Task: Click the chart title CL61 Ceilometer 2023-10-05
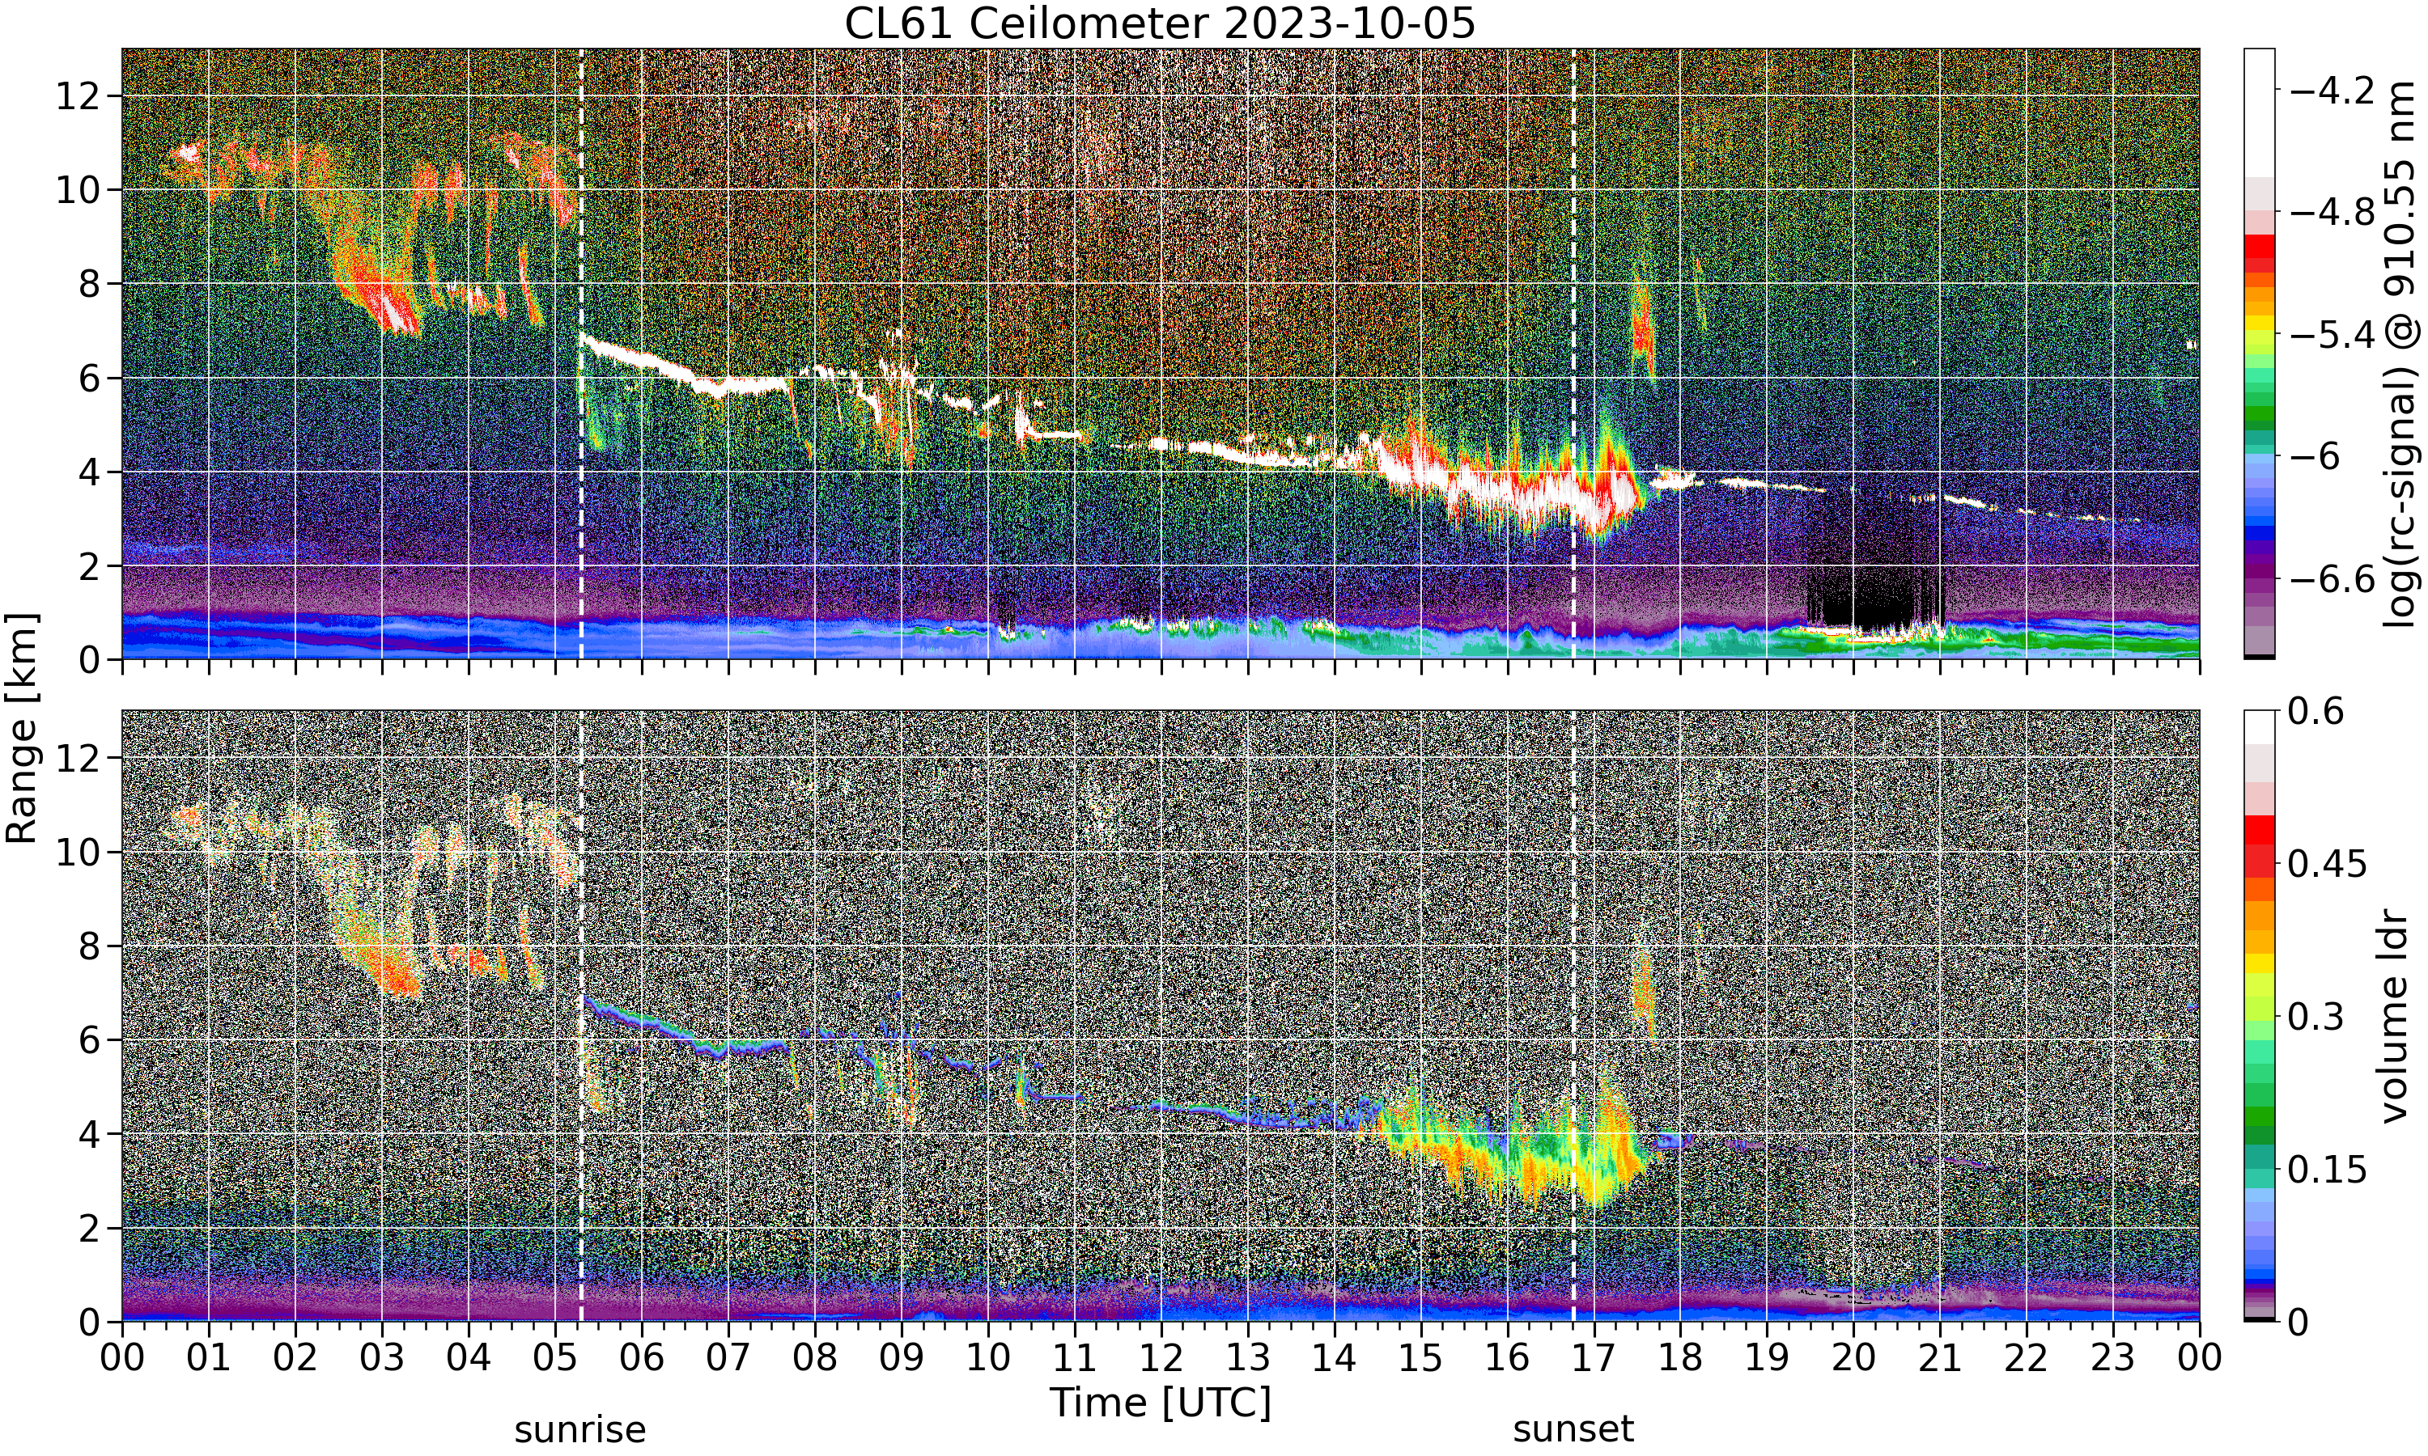pos(1160,23)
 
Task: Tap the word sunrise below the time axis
pos(580,1429)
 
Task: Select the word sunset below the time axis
pos(1573,1429)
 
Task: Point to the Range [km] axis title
pos(22,728)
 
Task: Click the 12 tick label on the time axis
pos(1161,1358)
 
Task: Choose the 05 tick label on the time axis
pos(555,1358)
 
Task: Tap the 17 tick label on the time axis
pos(1594,1358)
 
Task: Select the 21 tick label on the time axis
pos(1940,1358)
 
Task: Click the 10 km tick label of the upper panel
pos(78,189)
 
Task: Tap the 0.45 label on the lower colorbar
pos(2327,863)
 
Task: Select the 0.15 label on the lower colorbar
pos(2327,1169)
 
